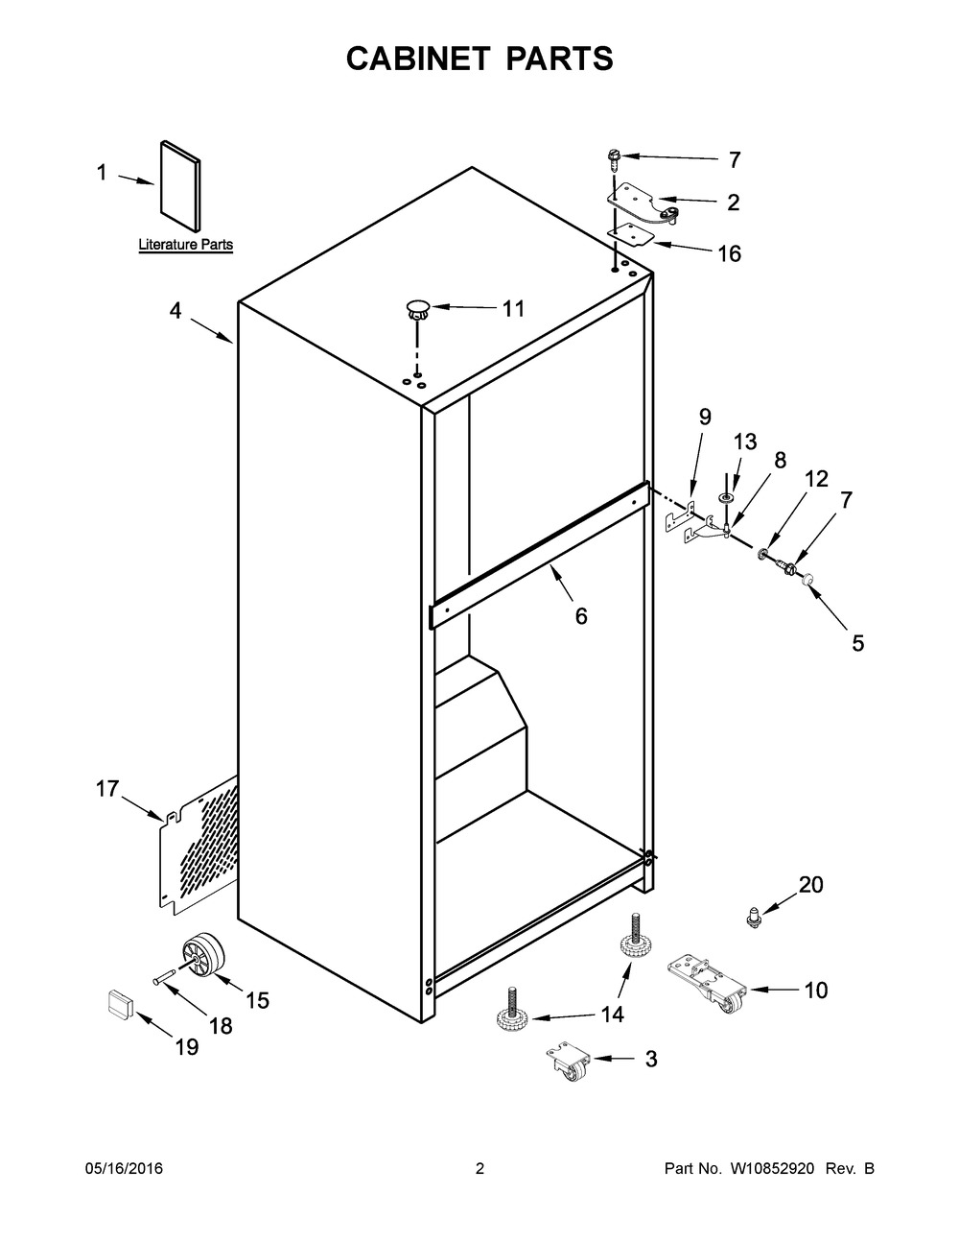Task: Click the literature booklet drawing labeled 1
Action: coord(180,186)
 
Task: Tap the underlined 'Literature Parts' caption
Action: coord(186,245)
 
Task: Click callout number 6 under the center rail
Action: coord(580,616)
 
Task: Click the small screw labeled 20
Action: coord(756,918)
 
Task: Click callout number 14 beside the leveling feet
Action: coord(613,1015)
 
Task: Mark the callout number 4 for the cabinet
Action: coord(175,311)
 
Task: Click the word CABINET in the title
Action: coord(418,59)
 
